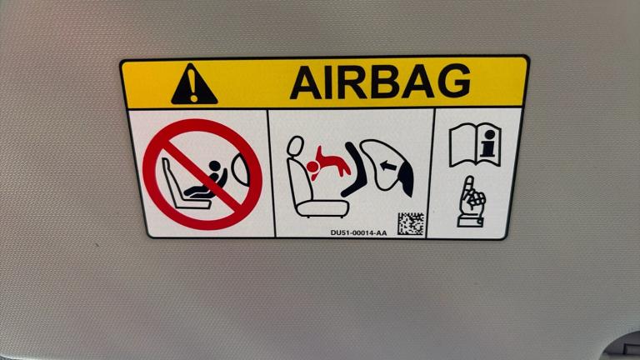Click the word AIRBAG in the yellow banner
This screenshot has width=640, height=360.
point(380,82)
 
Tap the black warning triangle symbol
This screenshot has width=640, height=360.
point(194,84)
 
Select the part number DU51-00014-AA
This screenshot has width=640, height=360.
point(359,233)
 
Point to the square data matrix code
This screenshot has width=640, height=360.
point(411,223)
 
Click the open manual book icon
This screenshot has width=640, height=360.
point(475,145)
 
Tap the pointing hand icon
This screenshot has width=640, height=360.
point(471,201)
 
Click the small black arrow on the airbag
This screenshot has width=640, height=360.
point(387,166)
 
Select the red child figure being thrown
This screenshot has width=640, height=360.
point(328,163)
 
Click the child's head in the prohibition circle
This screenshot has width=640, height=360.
point(214,166)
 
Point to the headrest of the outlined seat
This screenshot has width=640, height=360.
point(295,147)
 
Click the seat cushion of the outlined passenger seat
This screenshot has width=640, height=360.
point(322,208)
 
